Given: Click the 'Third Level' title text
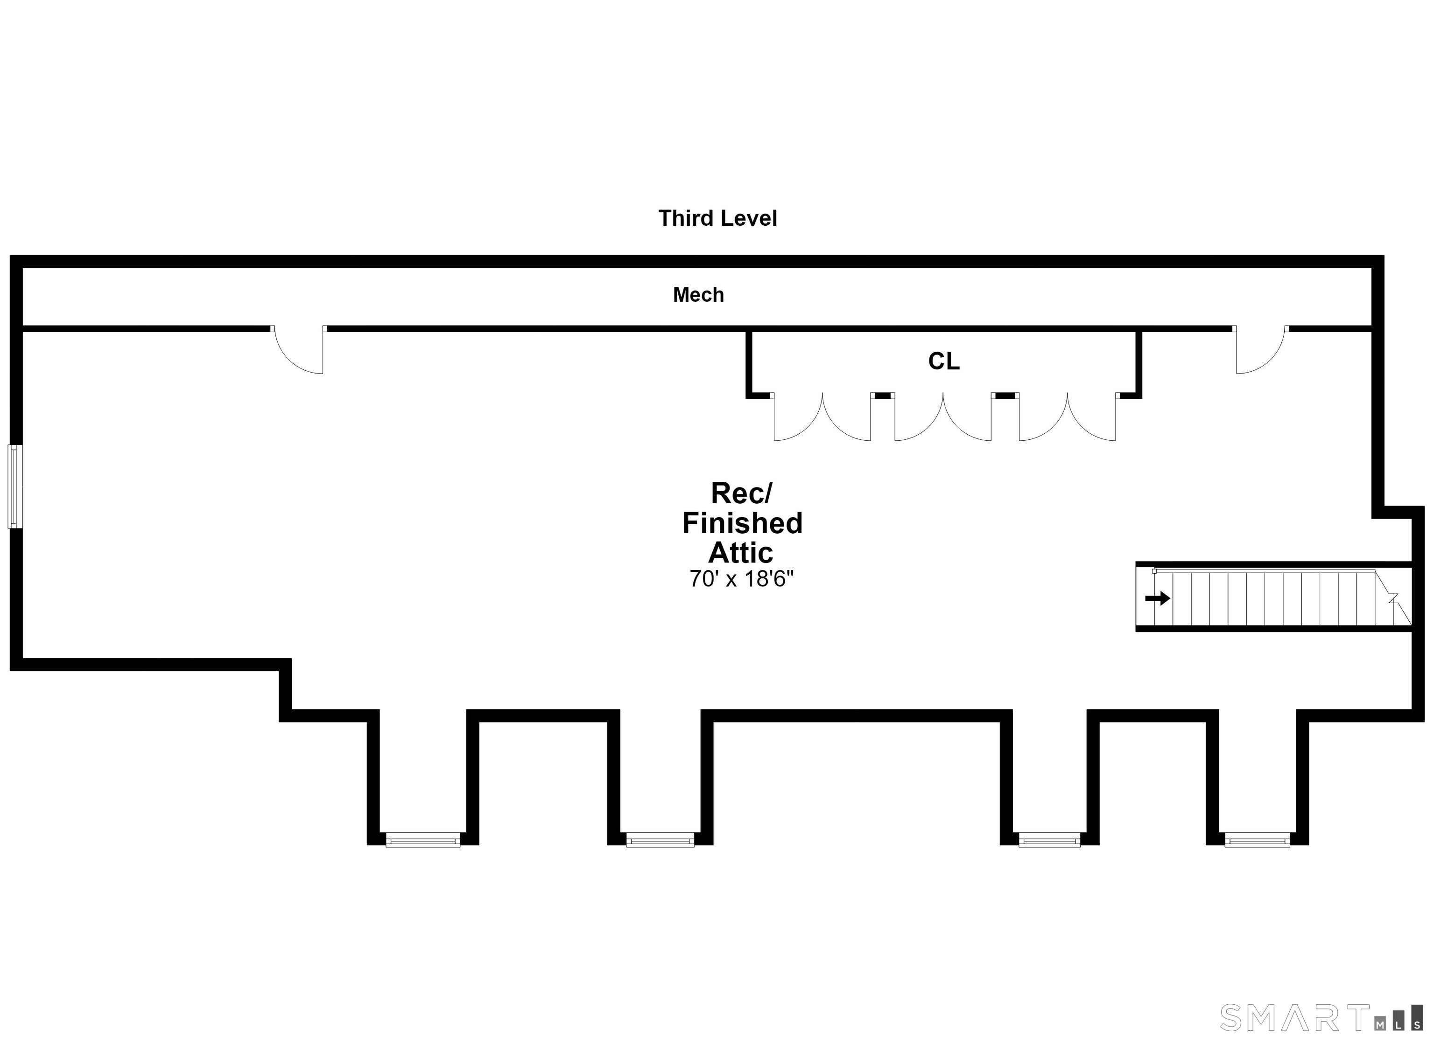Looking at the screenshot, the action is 717,218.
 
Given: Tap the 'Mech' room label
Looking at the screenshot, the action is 698,294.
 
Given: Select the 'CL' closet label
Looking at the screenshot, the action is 943,361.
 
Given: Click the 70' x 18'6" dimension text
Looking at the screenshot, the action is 741,579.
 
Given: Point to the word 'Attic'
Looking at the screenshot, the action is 740,552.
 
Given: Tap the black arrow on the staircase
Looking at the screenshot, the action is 1158,598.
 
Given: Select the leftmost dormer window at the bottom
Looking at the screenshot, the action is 423,840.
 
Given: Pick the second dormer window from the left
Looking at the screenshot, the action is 660,840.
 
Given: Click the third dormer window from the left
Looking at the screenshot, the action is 1049,840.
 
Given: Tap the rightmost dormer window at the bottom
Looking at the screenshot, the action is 1257,840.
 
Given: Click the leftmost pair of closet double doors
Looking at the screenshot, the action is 822,417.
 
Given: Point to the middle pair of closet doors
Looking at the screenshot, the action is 943,417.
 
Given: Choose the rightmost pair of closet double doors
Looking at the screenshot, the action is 1067,417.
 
